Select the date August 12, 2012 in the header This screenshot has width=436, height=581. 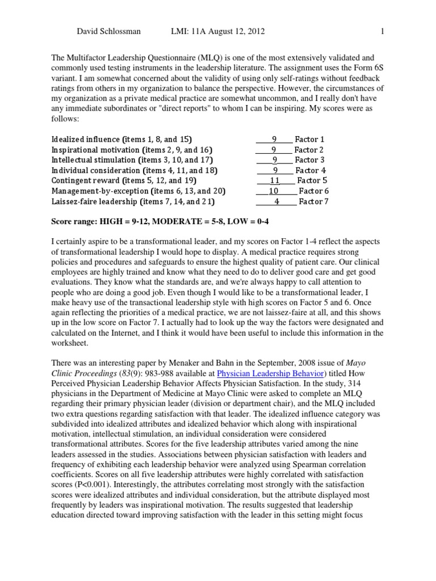(x=235, y=31)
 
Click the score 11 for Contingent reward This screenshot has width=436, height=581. (x=275, y=180)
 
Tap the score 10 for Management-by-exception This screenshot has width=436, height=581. (x=274, y=191)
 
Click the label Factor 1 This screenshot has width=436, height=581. (x=310, y=139)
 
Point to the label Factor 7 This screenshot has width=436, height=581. (x=314, y=201)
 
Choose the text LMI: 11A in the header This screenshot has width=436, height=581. (x=181, y=31)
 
